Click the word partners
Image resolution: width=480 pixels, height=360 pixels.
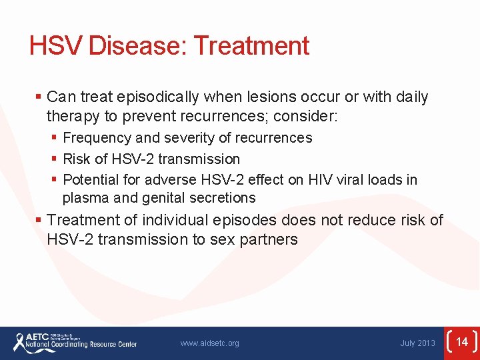271,240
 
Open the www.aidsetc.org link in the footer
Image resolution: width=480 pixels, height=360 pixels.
209,343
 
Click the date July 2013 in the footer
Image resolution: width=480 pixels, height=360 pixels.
417,343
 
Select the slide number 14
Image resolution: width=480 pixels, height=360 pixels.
462,342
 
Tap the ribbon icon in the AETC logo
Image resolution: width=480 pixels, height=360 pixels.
20,342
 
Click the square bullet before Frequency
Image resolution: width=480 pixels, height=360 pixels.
55,139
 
